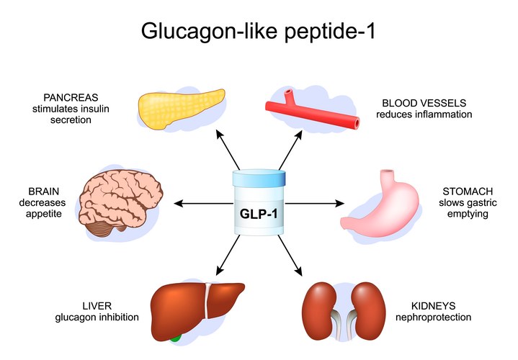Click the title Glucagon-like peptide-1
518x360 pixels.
coord(259,31)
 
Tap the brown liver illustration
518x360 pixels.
coord(191,305)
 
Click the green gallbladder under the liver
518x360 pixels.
coord(176,335)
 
